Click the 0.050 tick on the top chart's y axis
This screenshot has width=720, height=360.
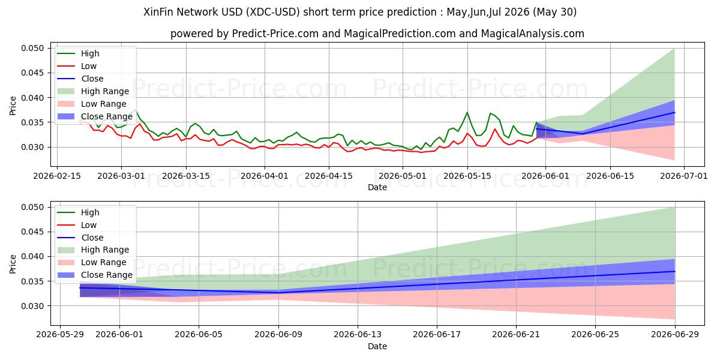pos(32,48)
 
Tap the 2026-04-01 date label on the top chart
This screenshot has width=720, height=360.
pos(265,176)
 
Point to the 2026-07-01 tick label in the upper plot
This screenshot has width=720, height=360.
pos(683,176)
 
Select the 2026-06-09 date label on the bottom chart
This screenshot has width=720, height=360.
pos(278,335)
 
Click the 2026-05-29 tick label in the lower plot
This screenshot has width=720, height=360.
pos(60,335)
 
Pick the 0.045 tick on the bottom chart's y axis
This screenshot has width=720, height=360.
pos(32,232)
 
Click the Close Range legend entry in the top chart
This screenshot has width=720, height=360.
pos(95,116)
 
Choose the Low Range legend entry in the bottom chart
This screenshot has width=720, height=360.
pos(92,262)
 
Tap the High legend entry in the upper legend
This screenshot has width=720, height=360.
pos(78,53)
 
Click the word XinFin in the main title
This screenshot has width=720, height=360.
pos(158,12)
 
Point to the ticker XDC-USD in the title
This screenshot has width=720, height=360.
pos(273,12)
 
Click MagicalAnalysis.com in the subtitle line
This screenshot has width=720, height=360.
pos(532,34)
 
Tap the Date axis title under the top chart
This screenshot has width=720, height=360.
pos(377,187)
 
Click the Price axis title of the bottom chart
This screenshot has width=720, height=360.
pos(13,264)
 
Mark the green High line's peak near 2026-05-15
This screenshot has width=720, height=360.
pos(467,112)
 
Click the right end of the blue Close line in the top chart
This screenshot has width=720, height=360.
pos(674,113)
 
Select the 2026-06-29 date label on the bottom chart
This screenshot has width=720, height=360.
pos(674,335)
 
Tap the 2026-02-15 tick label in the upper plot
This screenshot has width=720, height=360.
pos(57,176)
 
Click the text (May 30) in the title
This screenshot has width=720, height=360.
pos(554,12)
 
